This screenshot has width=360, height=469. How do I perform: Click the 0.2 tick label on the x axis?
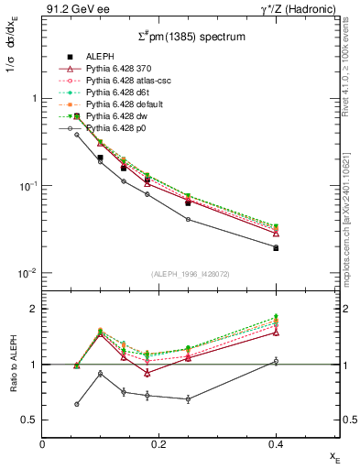click(x=159, y=444)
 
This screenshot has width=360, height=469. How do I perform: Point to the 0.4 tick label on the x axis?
click(x=276, y=444)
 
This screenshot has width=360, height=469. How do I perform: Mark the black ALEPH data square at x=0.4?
click(x=276, y=248)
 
